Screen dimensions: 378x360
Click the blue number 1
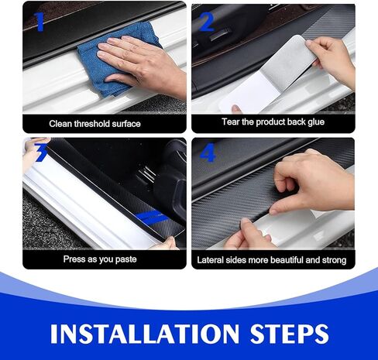[40, 22]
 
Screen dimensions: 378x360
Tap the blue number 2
[207, 22]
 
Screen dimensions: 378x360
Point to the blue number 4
[208, 153]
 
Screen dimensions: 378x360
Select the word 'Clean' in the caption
[60, 124]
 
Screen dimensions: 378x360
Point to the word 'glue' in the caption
[316, 122]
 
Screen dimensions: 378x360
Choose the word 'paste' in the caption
[125, 259]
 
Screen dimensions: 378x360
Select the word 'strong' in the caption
[334, 261]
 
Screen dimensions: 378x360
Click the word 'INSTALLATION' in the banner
[145, 334]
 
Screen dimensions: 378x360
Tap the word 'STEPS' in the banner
[289, 334]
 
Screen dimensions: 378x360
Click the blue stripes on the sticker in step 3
[153, 217]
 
